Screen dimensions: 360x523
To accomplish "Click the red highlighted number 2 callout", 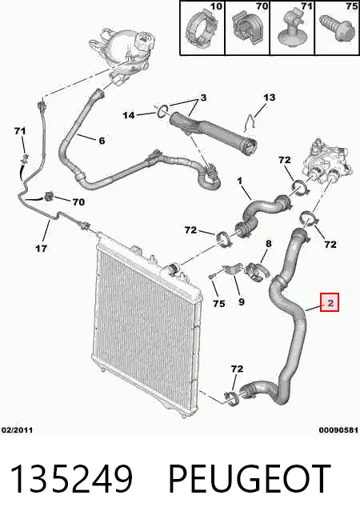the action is click(330, 302).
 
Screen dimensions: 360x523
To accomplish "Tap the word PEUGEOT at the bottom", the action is click(250, 479).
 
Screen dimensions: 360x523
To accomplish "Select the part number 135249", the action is click(72, 479).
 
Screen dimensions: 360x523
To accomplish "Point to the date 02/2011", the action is click(18, 430).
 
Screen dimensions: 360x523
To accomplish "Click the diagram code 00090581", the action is click(338, 430).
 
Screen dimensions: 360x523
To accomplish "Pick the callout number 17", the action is click(41, 248).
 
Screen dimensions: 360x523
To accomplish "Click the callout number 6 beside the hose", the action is click(102, 141).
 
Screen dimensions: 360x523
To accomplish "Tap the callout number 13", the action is click(270, 98).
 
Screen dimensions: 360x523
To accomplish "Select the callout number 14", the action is click(129, 115).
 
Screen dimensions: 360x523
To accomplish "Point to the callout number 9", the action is click(242, 301).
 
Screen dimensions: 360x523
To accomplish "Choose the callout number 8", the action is click(269, 244).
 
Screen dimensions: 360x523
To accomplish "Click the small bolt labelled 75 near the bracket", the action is click(211, 277).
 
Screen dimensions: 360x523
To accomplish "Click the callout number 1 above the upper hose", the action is click(239, 181).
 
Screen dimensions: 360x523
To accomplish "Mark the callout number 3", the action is click(203, 98).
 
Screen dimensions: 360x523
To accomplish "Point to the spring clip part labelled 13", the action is click(249, 122).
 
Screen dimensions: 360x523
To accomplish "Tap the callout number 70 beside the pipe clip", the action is click(78, 202).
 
